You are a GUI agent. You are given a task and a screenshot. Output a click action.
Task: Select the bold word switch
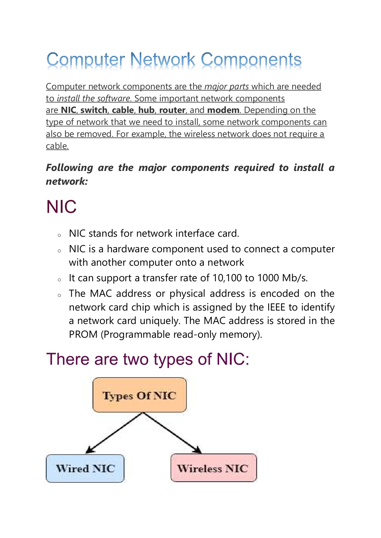tap(94, 110)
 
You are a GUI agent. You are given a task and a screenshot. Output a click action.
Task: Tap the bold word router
tap(172, 110)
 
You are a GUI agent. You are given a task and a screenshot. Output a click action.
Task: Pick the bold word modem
tap(223, 110)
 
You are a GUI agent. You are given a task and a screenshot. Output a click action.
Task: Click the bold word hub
tap(146, 110)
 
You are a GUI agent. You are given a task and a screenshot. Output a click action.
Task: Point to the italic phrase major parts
tap(227, 87)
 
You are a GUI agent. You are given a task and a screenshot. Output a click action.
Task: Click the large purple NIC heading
tap(61, 207)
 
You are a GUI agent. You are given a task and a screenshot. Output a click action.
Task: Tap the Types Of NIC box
tap(139, 395)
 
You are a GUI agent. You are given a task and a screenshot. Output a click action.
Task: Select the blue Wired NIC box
tap(85, 468)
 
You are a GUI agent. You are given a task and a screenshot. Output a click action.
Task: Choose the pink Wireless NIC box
tap(213, 468)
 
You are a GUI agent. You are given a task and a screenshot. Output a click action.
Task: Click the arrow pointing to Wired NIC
tap(114, 433)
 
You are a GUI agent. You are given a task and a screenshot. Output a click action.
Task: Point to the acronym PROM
tap(83, 334)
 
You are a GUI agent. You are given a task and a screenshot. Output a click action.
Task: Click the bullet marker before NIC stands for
tap(59, 235)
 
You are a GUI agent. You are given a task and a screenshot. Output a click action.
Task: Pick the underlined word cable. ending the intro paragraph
tap(57, 146)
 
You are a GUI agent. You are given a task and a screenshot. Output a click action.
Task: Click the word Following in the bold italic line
tap(69, 168)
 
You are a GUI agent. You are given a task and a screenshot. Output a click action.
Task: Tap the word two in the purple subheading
tap(136, 359)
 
